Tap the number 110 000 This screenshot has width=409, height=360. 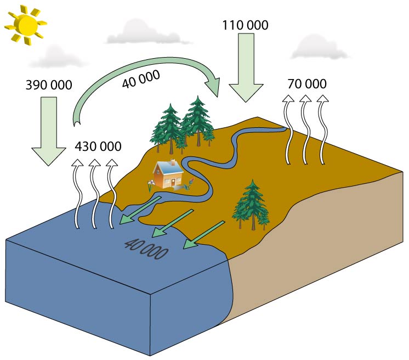246,25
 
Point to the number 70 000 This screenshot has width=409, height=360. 306,84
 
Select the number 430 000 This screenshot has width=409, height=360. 98,147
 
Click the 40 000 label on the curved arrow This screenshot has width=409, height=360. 141,78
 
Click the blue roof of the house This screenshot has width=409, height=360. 167,167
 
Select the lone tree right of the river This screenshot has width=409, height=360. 252,204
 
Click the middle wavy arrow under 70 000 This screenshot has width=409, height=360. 305,130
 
